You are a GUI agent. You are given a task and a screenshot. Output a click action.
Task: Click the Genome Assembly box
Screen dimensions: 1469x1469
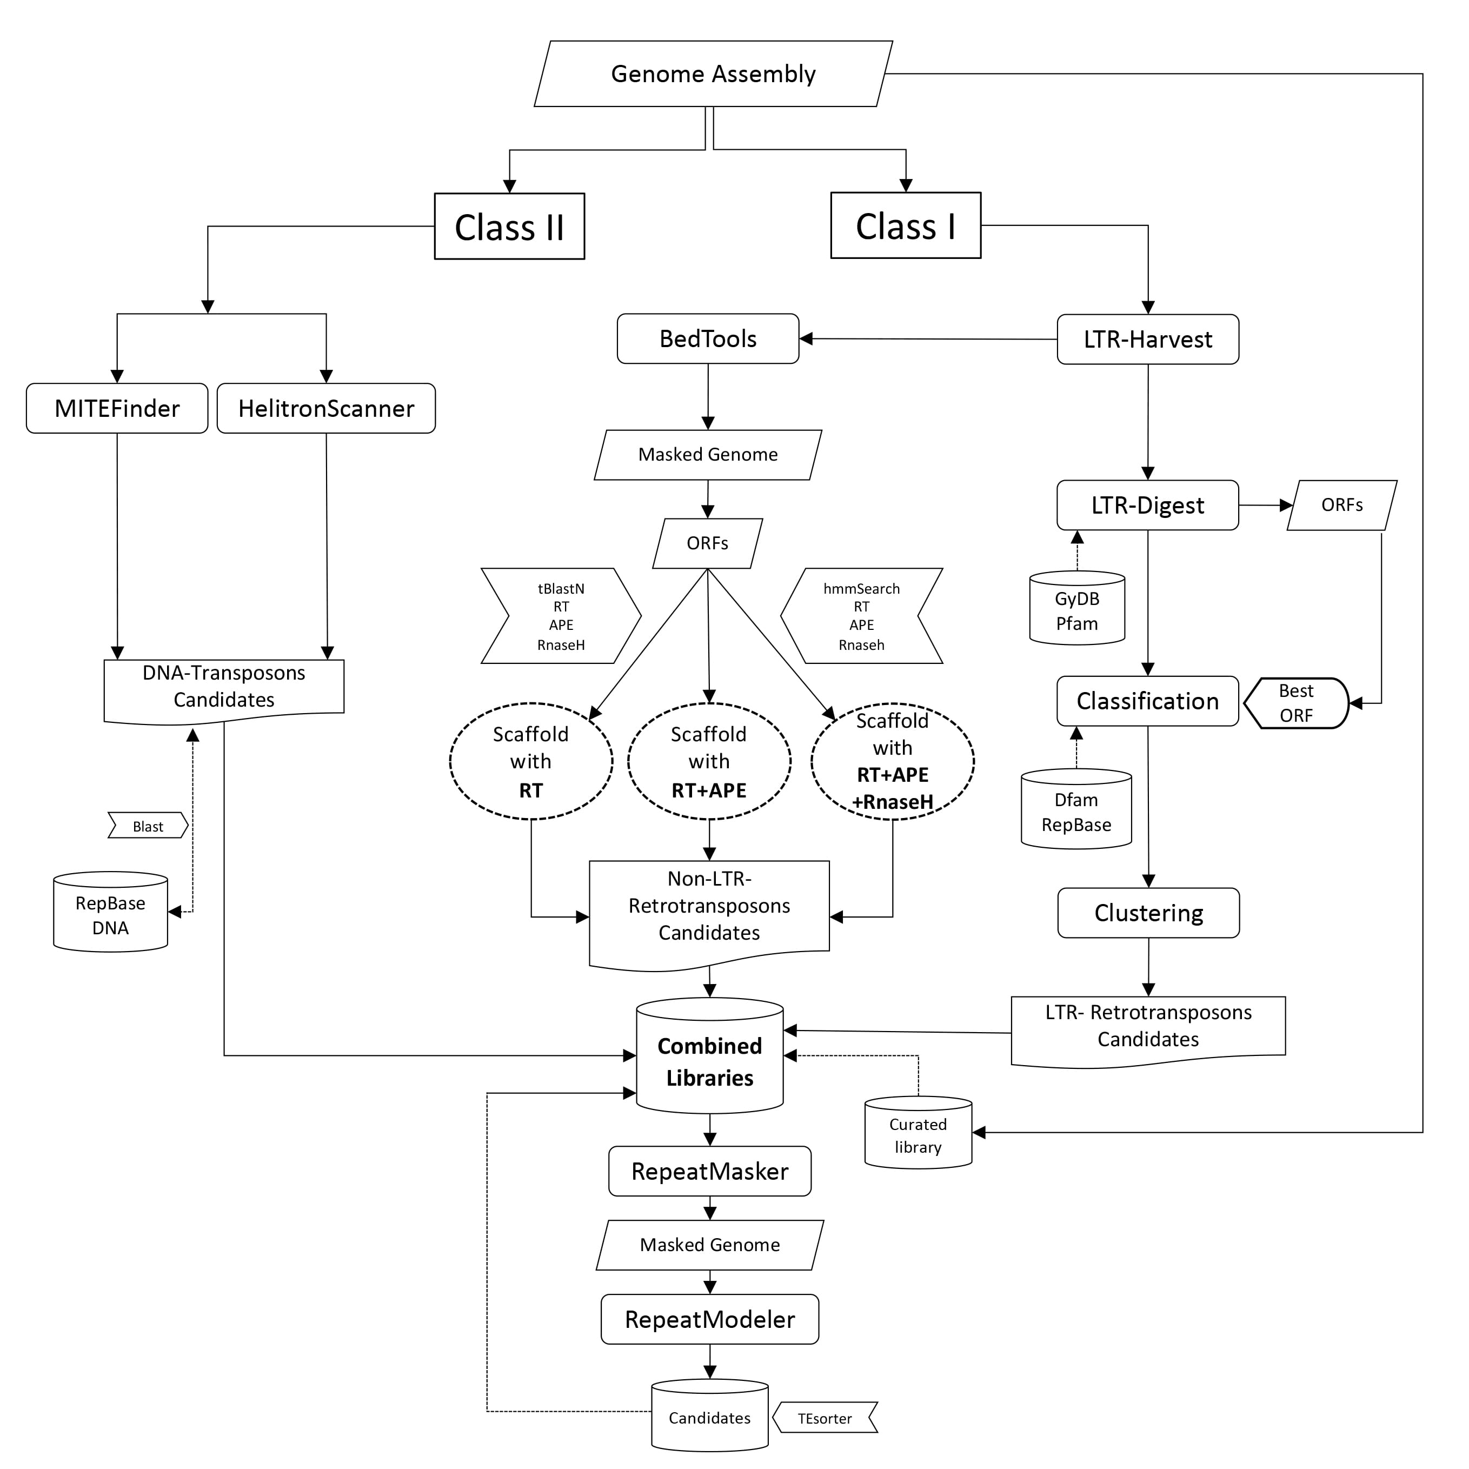coord(713,74)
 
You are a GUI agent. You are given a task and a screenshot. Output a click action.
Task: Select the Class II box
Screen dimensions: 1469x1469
coord(509,227)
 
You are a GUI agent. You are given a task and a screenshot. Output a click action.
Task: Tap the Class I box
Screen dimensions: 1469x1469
coord(905,226)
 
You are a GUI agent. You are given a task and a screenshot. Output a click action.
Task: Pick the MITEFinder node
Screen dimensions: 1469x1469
coord(117,408)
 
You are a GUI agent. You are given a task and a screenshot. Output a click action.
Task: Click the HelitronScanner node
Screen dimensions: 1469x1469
coord(326,408)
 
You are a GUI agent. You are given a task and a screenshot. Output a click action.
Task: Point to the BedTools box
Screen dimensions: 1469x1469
coord(708,339)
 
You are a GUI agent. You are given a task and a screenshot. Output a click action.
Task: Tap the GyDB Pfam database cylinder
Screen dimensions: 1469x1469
coord(1076,610)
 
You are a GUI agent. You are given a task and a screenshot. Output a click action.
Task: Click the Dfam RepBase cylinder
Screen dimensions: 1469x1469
coord(1076,812)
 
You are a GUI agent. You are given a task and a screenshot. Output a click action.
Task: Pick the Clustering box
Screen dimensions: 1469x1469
coord(1148,913)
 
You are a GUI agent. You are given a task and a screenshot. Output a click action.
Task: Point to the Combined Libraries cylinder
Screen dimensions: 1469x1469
coord(709,1061)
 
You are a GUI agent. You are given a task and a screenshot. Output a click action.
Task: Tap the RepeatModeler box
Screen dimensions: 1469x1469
coord(709,1319)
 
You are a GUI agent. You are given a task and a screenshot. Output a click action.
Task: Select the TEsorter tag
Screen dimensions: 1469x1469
coord(825,1418)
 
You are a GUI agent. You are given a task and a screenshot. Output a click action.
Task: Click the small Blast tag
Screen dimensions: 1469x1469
coord(148,827)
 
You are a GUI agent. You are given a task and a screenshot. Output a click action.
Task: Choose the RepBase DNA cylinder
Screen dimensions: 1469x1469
coord(110,915)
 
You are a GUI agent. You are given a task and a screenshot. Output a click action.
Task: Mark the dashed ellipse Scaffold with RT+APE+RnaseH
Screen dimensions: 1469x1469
coord(893,761)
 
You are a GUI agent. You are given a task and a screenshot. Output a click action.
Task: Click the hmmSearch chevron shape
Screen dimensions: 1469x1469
coord(861,616)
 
